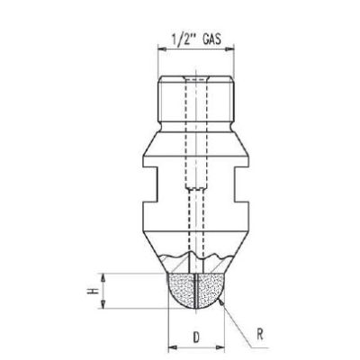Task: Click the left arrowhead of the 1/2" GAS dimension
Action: point(162,51)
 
